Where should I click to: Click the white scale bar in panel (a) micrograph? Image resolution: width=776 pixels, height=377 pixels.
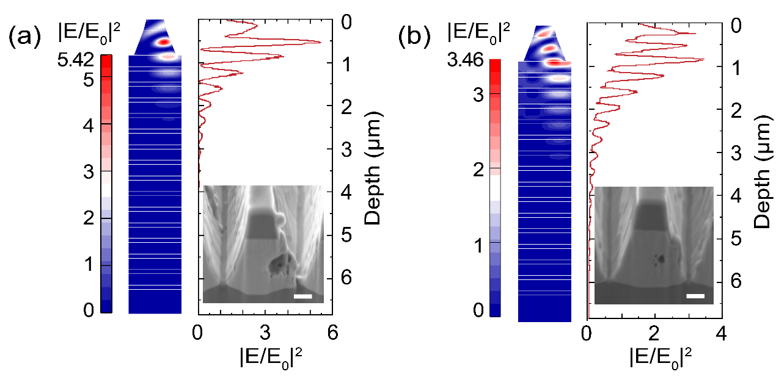tap(303, 296)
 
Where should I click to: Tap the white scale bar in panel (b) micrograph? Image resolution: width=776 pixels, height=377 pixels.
tap(695, 296)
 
